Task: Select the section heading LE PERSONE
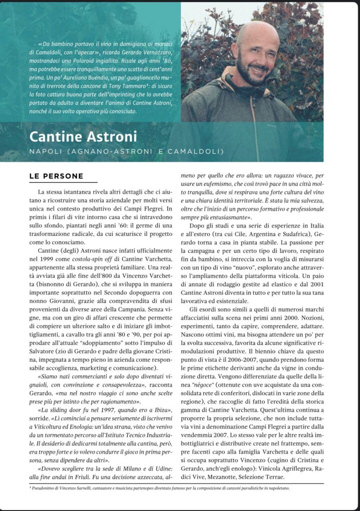click(55, 176)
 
